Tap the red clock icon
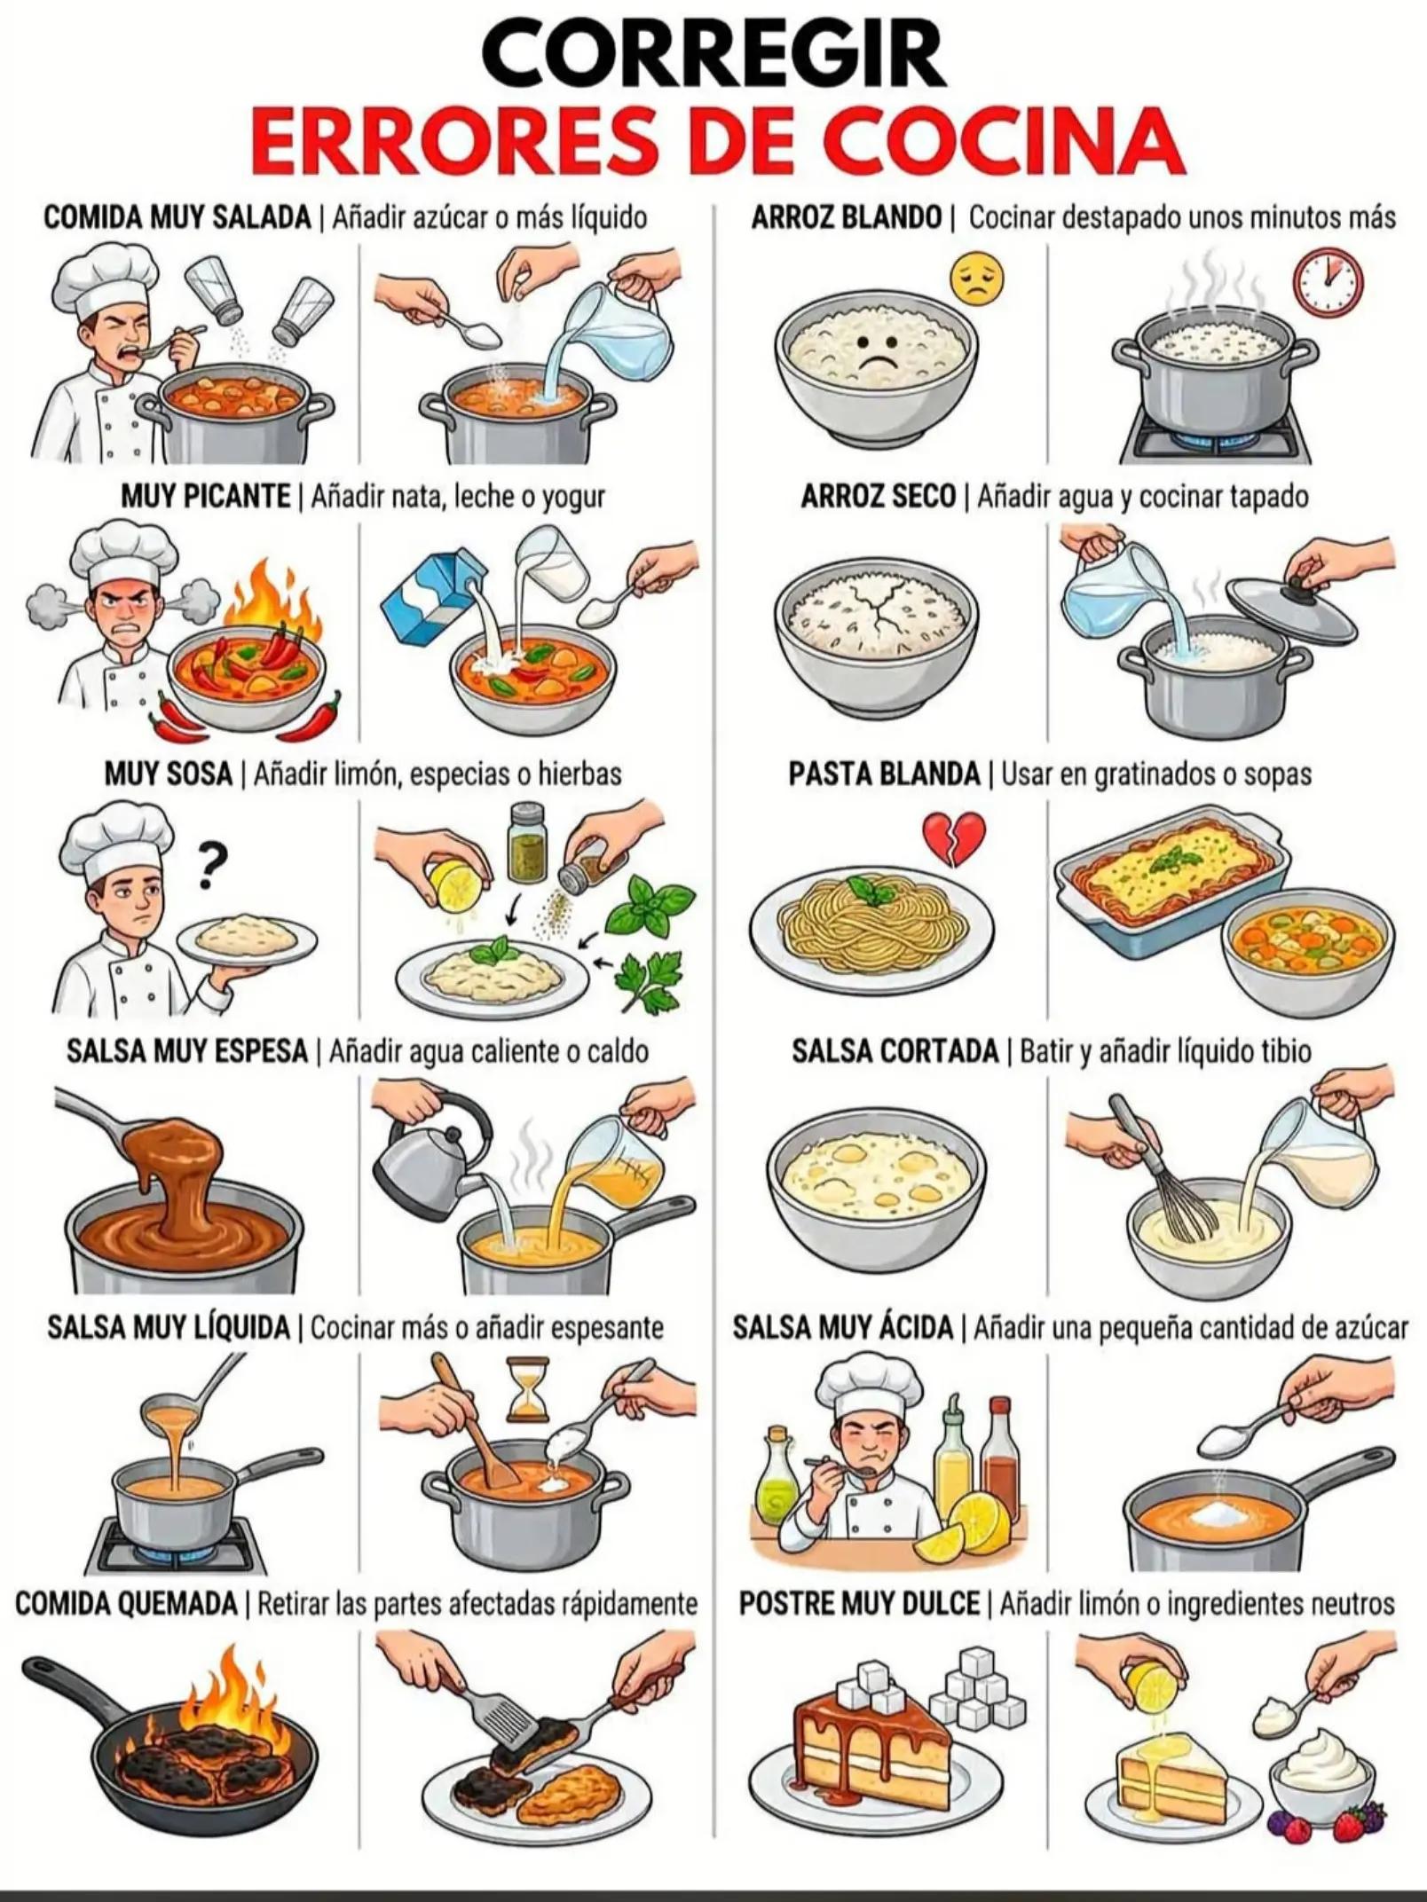pyautogui.click(x=1328, y=281)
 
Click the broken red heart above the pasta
pyautogui.click(x=954, y=838)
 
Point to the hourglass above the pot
pyautogui.click(x=527, y=1387)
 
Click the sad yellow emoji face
pyautogui.click(x=977, y=279)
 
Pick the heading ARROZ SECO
pyautogui.click(x=878, y=496)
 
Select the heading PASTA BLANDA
pyautogui.click(x=884, y=774)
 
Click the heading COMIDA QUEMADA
pyautogui.click(x=126, y=1604)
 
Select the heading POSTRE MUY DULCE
pyautogui.click(x=859, y=1604)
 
